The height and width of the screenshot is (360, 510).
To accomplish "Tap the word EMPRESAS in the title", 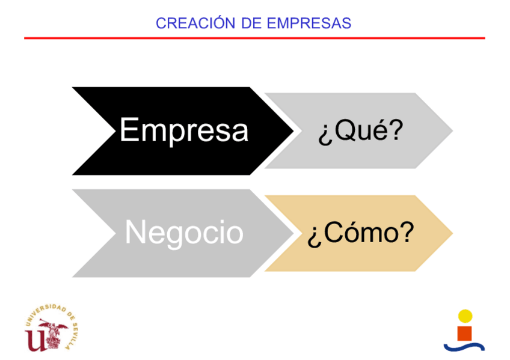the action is (309, 23).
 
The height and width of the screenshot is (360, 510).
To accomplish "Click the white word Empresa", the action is (184, 130).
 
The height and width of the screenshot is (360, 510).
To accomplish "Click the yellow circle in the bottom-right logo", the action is (465, 316).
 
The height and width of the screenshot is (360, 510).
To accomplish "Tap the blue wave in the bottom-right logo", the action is (464, 346).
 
